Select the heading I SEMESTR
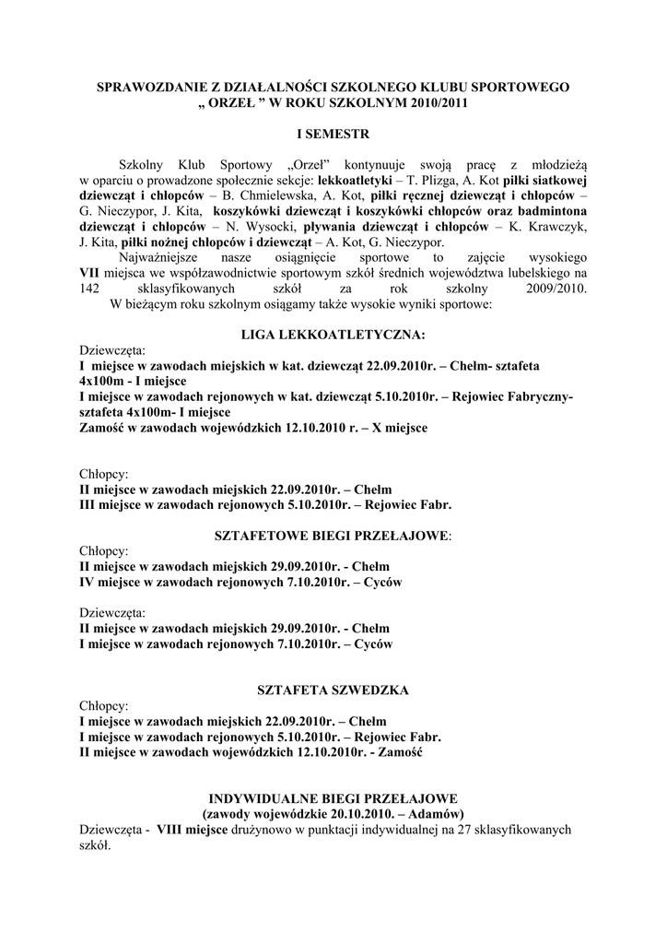coord(333,134)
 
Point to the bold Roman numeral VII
coord(90,274)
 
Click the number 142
coord(90,289)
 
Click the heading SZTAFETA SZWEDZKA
coord(333,690)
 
